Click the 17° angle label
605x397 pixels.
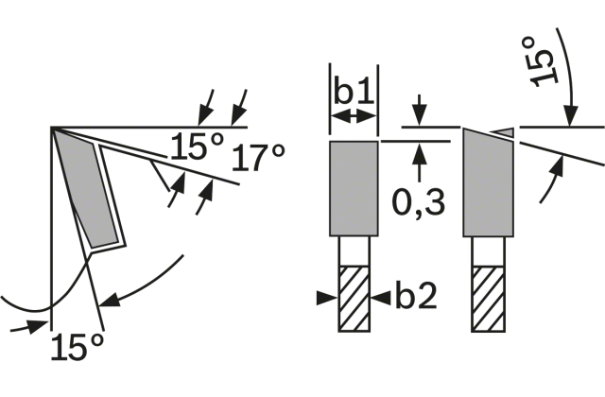click(258, 158)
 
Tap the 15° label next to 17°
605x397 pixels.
click(197, 146)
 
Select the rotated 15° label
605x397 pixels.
click(543, 61)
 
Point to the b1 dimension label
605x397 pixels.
click(354, 91)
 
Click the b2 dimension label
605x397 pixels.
click(416, 296)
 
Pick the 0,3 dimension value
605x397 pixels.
click(418, 202)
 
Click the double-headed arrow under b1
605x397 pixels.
click(354, 115)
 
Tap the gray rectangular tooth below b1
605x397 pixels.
click(354, 188)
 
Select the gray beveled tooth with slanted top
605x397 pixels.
click(489, 182)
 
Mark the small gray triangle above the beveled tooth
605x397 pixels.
click(505, 132)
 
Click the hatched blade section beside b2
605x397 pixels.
click(354, 299)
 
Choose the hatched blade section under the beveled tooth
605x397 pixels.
click(488, 299)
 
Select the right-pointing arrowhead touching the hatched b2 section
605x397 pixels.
click(327, 298)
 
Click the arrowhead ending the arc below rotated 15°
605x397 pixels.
click(570, 115)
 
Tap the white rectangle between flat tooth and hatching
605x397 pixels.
click(354, 251)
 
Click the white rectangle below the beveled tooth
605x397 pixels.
click(488, 251)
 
